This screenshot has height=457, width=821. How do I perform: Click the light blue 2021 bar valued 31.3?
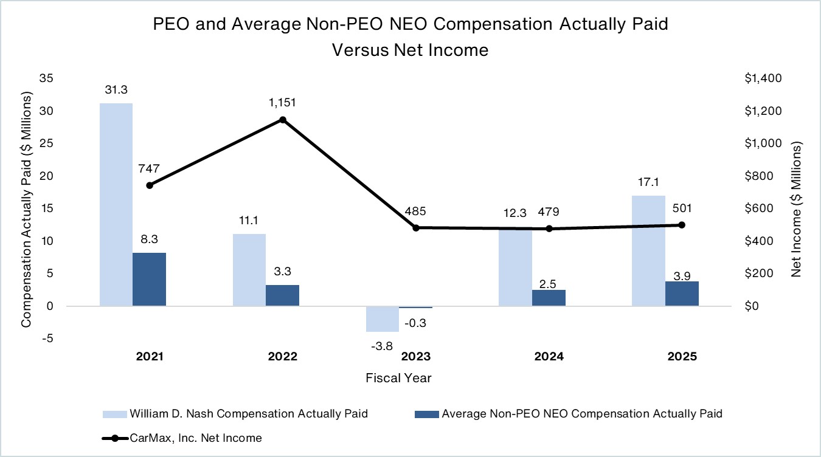pos(116,204)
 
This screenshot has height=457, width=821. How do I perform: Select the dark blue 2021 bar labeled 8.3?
pos(150,279)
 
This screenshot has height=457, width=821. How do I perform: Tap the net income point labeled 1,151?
pos(283,120)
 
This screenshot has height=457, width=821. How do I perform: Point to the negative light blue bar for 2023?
pos(382,319)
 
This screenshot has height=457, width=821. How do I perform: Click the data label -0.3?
pos(417,323)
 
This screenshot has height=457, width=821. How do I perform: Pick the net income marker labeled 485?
pos(416,228)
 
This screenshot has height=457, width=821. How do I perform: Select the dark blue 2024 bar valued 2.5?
pos(549,298)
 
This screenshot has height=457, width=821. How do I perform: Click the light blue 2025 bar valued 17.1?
pos(648,250)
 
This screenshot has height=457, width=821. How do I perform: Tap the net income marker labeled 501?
pos(682,225)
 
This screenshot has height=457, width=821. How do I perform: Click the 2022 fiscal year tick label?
pos(283,357)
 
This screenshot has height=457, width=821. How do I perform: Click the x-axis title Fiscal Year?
pos(398,378)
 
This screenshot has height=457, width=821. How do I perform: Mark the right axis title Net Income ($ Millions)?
pos(797,210)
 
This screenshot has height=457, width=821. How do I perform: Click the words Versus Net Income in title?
pos(410,50)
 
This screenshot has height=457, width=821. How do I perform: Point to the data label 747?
pos(148,168)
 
